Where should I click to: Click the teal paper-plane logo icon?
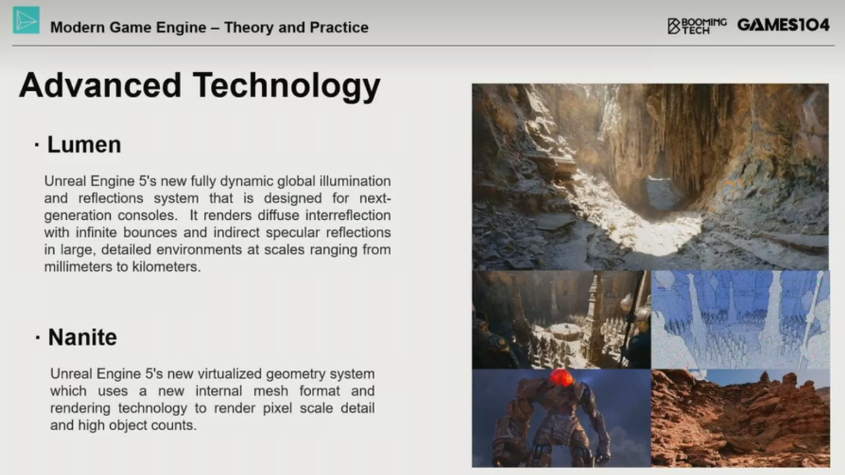[x=26, y=20]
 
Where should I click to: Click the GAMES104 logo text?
[x=783, y=25]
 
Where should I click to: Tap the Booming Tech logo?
[x=697, y=26]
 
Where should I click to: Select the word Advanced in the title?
[x=100, y=85]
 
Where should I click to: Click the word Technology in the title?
[x=287, y=87]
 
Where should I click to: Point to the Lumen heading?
[x=84, y=144]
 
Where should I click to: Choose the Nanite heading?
[x=83, y=337]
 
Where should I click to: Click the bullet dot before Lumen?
[x=36, y=144]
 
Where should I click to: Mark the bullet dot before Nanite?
[x=37, y=337]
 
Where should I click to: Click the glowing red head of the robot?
[x=562, y=378]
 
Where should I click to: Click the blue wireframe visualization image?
[x=741, y=319]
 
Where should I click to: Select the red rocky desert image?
[x=741, y=418]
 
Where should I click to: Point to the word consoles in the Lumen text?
[x=147, y=215]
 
